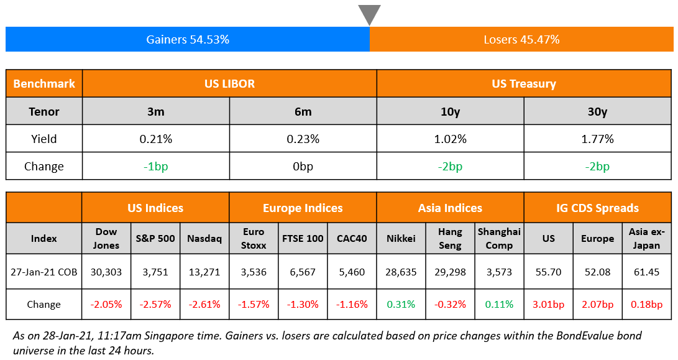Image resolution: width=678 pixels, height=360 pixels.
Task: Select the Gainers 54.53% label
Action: click(188, 39)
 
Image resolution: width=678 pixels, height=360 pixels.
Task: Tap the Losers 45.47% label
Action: click(521, 39)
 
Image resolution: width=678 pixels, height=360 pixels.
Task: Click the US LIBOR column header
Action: click(229, 83)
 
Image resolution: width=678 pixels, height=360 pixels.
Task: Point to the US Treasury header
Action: click(524, 83)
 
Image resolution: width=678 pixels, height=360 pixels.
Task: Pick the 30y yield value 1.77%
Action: click(597, 139)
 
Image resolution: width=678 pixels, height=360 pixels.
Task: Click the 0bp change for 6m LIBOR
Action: click(303, 166)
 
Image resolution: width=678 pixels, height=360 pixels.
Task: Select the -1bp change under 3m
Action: click(155, 166)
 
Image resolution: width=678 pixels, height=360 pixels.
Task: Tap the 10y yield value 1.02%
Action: click(450, 139)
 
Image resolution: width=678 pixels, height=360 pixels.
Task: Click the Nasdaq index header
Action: click(204, 238)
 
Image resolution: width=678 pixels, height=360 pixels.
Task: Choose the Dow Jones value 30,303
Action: click(106, 271)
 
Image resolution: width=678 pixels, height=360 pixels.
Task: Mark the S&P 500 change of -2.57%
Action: click(155, 305)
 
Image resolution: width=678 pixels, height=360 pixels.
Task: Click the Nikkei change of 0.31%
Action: click(401, 305)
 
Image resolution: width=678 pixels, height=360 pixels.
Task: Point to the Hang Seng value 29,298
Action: click(450, 271)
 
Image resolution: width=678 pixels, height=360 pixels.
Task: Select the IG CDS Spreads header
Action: click(597, 208)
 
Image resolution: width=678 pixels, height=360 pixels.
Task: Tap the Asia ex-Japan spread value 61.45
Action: click(647, 271)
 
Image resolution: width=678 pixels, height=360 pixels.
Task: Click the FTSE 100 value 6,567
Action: click(303, 271)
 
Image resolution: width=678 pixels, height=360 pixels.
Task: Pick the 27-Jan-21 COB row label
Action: click(44, 271)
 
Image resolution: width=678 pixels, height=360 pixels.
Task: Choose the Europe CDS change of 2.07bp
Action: click(597, 305)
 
